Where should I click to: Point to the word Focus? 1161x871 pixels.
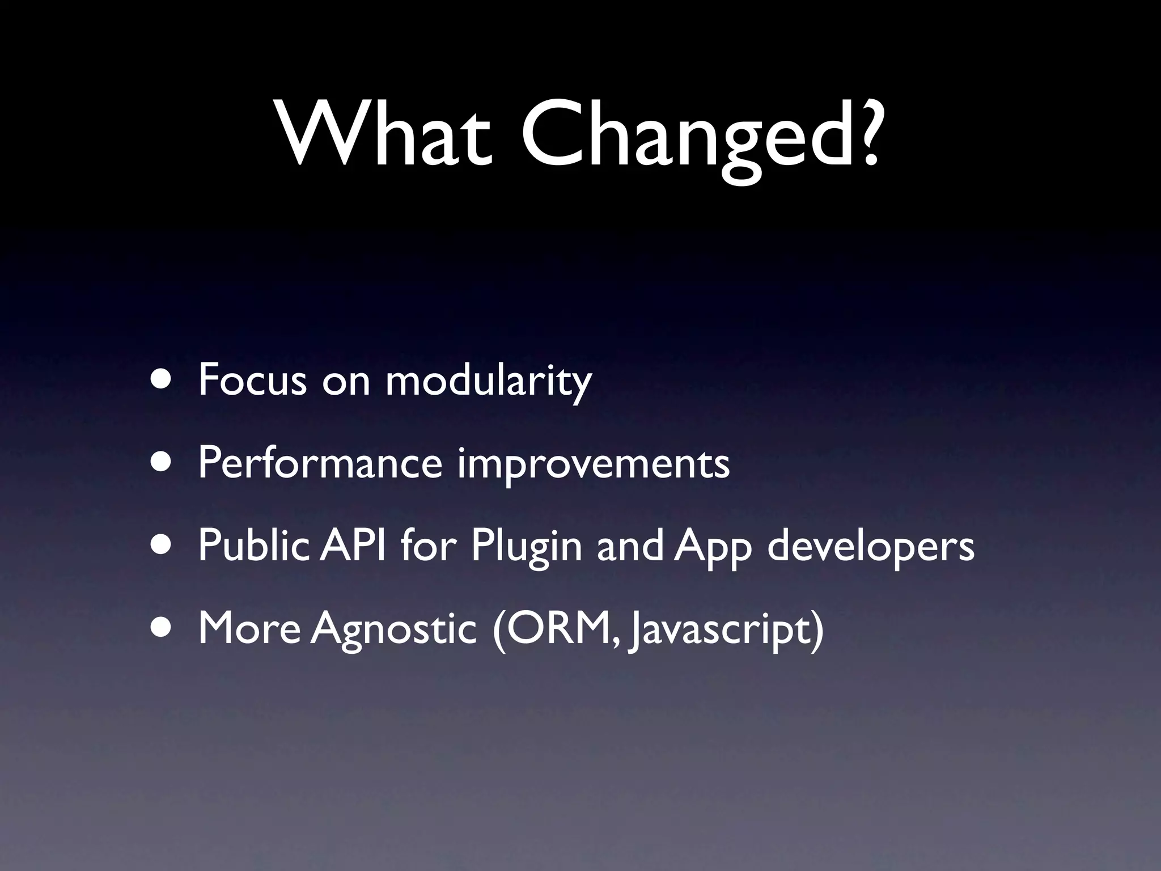pyautogui.click(x=252, y=380)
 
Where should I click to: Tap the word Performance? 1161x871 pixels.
pyautogui.click(x=320, y=464)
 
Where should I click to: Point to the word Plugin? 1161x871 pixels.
pyautogui.click(x=526, y=548)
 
